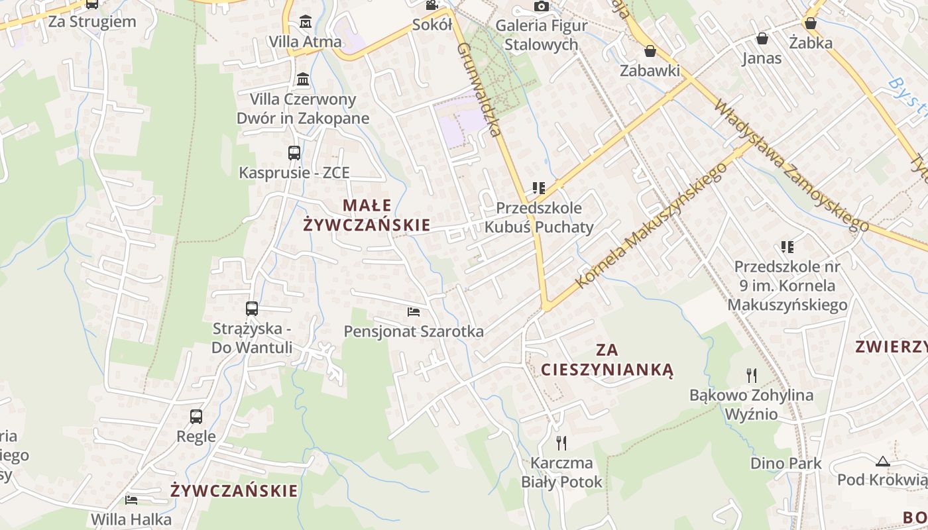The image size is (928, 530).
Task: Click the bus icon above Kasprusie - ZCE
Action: tap(294, 153)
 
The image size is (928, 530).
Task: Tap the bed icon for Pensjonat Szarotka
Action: tap(414, 311)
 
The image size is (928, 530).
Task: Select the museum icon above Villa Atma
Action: tap(305, 22)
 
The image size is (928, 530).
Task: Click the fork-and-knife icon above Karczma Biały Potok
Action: tap(561, 443)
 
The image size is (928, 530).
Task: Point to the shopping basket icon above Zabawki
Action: tap(650, 51)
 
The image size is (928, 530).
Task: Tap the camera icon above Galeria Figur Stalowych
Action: tap(542, 7)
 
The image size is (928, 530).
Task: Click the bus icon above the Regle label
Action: tap(196, 417)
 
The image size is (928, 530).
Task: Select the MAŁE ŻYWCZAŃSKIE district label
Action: tap(367, 215)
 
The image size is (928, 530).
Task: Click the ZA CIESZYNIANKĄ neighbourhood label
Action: tap(607, 360)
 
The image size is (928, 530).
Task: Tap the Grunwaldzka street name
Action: tap(478, 89)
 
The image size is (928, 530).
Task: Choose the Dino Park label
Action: tap(785, 463)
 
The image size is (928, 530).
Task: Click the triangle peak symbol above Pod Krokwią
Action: tap(882, 461)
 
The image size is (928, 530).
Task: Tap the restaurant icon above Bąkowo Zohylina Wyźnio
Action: tap(751, 376)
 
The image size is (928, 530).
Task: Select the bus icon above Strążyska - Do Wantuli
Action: tap(252, 308)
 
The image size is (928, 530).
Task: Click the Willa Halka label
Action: tap(131, 519)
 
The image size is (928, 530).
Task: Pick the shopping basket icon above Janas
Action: tap(762, 38)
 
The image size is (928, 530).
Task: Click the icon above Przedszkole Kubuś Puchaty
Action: tap(538, 188)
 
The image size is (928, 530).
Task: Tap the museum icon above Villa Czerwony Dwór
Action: tap(303, 79)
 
